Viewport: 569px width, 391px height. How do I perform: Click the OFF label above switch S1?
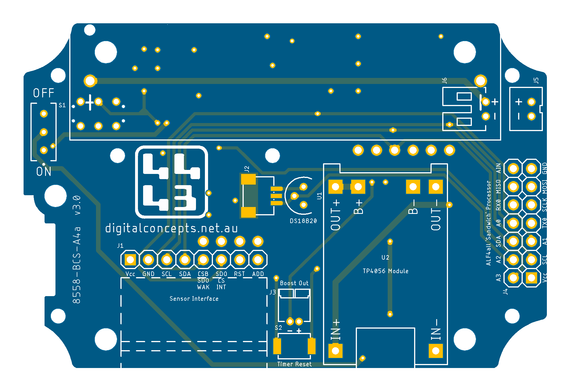point(44,93)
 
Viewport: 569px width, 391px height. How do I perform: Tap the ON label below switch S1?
point(44,172)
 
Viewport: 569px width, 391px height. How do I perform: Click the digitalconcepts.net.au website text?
point(172,229)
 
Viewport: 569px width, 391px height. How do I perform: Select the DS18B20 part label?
point(303,221)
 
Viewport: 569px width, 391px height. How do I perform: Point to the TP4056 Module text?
point(385,271)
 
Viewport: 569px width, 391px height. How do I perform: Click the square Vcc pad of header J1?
point(130,260)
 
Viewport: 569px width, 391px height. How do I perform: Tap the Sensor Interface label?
point(194,299)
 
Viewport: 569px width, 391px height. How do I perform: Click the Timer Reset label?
point(294,364)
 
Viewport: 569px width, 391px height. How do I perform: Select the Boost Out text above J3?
point(294,283)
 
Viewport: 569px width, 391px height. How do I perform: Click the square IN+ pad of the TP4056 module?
point(335,351)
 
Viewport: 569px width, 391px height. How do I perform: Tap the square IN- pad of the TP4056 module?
point(436,351)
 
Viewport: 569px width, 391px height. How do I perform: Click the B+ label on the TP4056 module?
point(358,207)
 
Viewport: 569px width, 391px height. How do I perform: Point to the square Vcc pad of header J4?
point(531,278)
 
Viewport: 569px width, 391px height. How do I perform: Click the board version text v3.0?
point(77,205)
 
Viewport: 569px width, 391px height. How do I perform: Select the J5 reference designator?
point(536,80)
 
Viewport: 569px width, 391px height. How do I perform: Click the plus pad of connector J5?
point(531,102)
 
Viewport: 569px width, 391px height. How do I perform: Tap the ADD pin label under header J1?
point(258,274)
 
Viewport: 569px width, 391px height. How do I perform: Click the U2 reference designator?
point(385,257)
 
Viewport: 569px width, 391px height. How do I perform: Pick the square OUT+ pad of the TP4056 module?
point(335,187)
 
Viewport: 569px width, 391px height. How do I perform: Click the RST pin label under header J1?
point(239,274)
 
